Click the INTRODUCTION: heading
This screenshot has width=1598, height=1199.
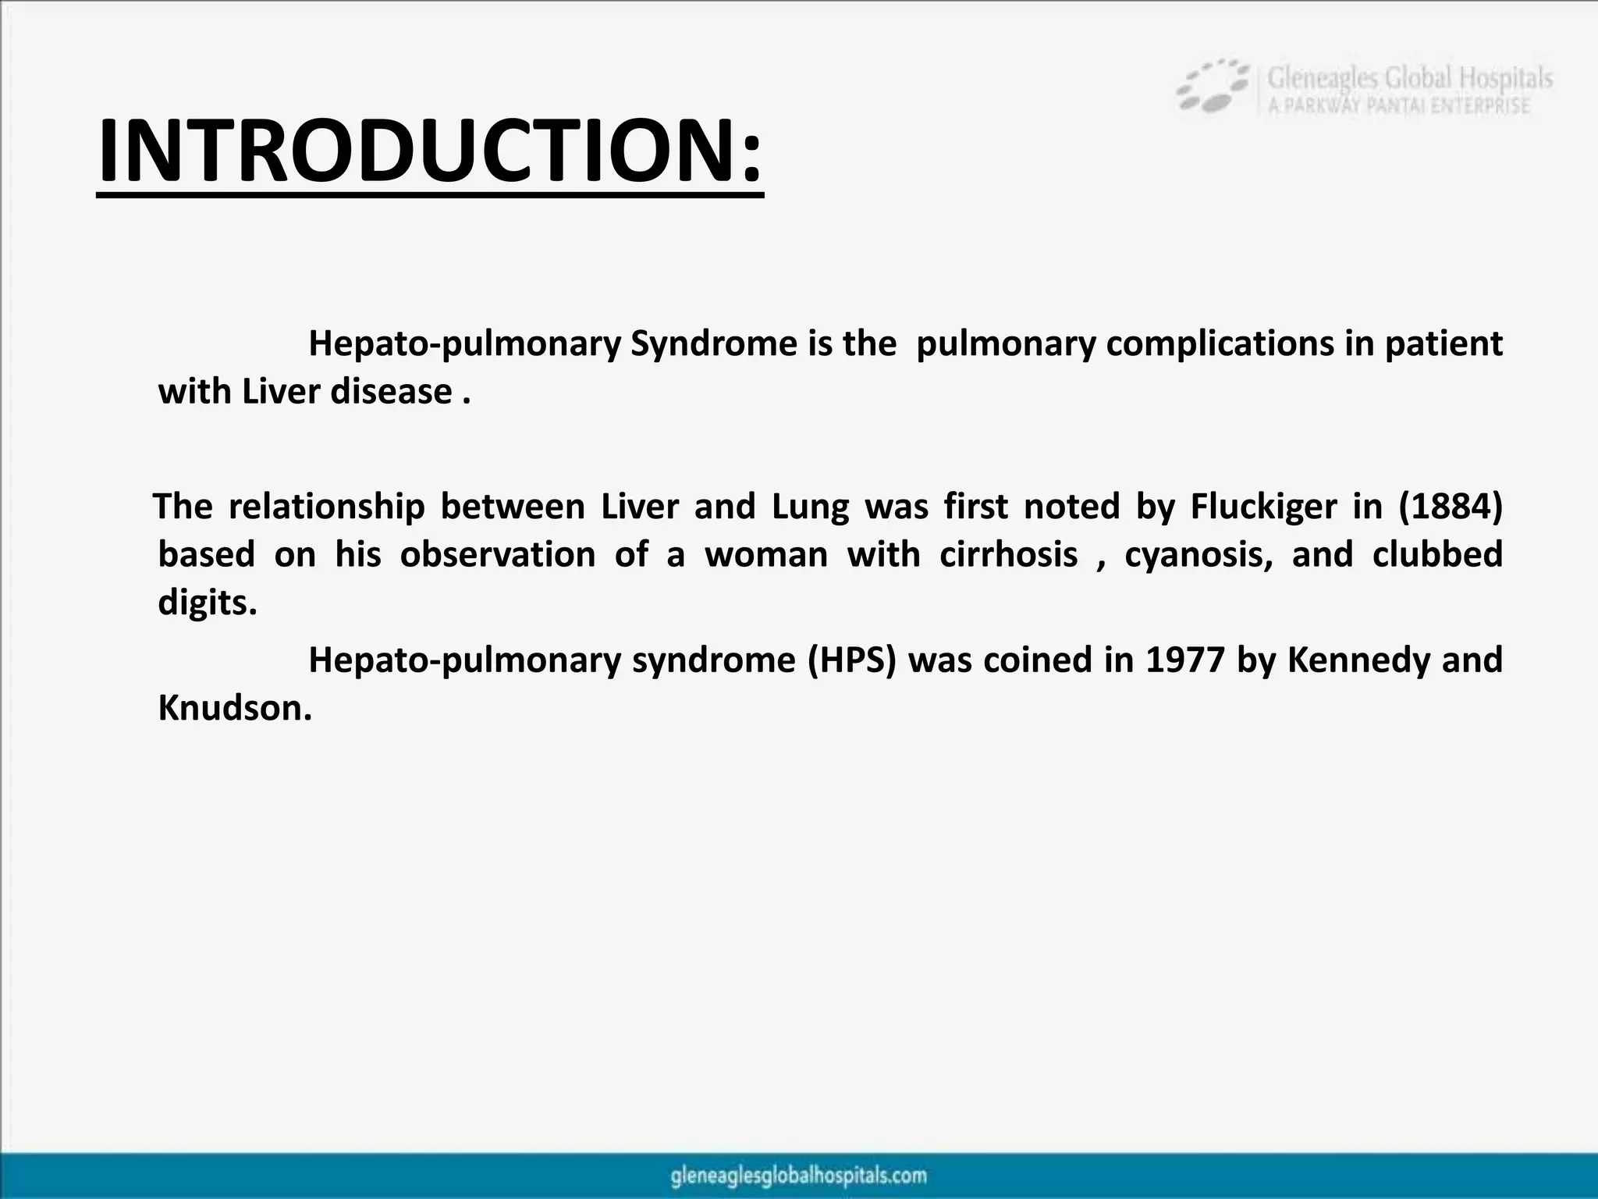(x=429, y=150)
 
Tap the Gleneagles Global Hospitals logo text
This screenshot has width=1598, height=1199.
(x=1409, y=79)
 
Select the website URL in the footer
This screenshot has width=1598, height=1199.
(x=798, y=1176)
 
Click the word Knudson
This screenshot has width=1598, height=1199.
(x=234, y=709)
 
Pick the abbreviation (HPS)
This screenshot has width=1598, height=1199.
(x=852, y=660)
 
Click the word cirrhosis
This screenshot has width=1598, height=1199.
(x=1009, y=555)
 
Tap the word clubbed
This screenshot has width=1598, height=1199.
(x=1436, y=555)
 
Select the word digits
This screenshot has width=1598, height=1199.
(x=206, y=603)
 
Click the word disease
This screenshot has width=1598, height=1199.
(x=391, y=392)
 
